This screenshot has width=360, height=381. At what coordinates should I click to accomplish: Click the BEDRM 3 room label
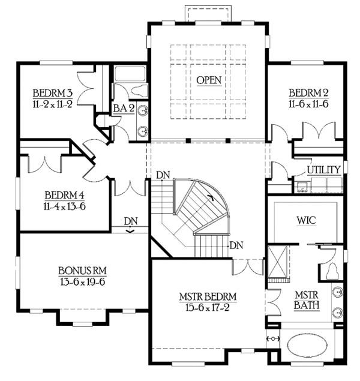tap(53, 93)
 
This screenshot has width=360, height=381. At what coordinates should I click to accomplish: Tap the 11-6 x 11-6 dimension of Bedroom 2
tap(308, 103)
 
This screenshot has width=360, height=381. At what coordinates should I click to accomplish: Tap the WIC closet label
tap(306, 221)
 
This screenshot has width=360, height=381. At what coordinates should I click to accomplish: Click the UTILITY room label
tap(324, 170)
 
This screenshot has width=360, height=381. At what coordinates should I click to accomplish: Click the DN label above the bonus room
tap(131, 220)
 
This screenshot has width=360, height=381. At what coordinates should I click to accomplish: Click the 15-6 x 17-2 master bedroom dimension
tap(208, 308)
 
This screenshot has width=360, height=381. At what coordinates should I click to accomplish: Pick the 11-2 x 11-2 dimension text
tap(53, 103)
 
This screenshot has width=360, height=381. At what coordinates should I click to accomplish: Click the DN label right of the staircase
tap(236, 244)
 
